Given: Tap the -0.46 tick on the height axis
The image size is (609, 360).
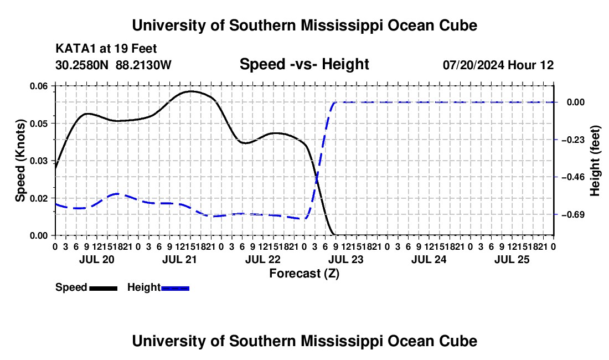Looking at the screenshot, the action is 574,177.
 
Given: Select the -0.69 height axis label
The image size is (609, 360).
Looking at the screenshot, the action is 574,214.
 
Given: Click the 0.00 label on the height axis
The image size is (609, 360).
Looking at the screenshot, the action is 576,102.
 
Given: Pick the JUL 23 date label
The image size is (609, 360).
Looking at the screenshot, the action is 346,259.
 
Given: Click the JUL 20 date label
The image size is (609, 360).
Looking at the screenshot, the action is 97,259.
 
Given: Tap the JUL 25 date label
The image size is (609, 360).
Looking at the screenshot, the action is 512,259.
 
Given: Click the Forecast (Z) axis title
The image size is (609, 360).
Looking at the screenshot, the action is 304,274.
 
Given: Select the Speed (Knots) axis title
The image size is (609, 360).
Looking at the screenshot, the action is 20,161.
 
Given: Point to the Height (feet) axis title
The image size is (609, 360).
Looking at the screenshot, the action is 595,161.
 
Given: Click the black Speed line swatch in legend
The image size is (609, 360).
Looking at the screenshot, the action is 104,288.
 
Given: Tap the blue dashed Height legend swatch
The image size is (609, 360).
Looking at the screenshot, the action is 175,288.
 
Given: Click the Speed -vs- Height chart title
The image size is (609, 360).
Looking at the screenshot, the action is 304,64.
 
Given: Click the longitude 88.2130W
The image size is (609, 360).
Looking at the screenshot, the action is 143,65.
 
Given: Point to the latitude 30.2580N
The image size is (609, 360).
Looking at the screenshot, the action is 82,65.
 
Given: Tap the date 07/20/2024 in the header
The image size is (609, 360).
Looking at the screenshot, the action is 473,65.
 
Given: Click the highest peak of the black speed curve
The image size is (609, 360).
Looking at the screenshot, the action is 190,91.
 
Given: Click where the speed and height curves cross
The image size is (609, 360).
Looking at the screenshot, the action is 317,179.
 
